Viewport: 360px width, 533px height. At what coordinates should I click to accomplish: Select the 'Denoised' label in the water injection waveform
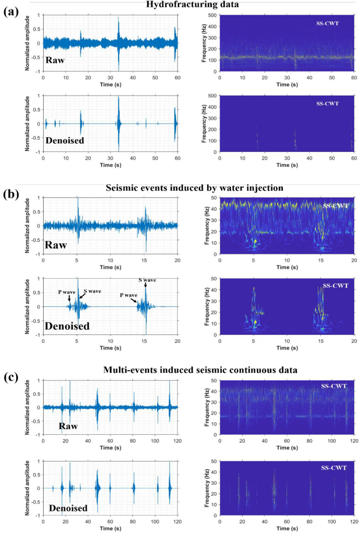click(x=67, y=326)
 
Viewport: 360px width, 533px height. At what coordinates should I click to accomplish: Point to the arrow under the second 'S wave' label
click(x=146, y=286)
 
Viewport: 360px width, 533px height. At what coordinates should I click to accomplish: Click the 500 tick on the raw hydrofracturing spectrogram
click(x=213, y=15)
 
